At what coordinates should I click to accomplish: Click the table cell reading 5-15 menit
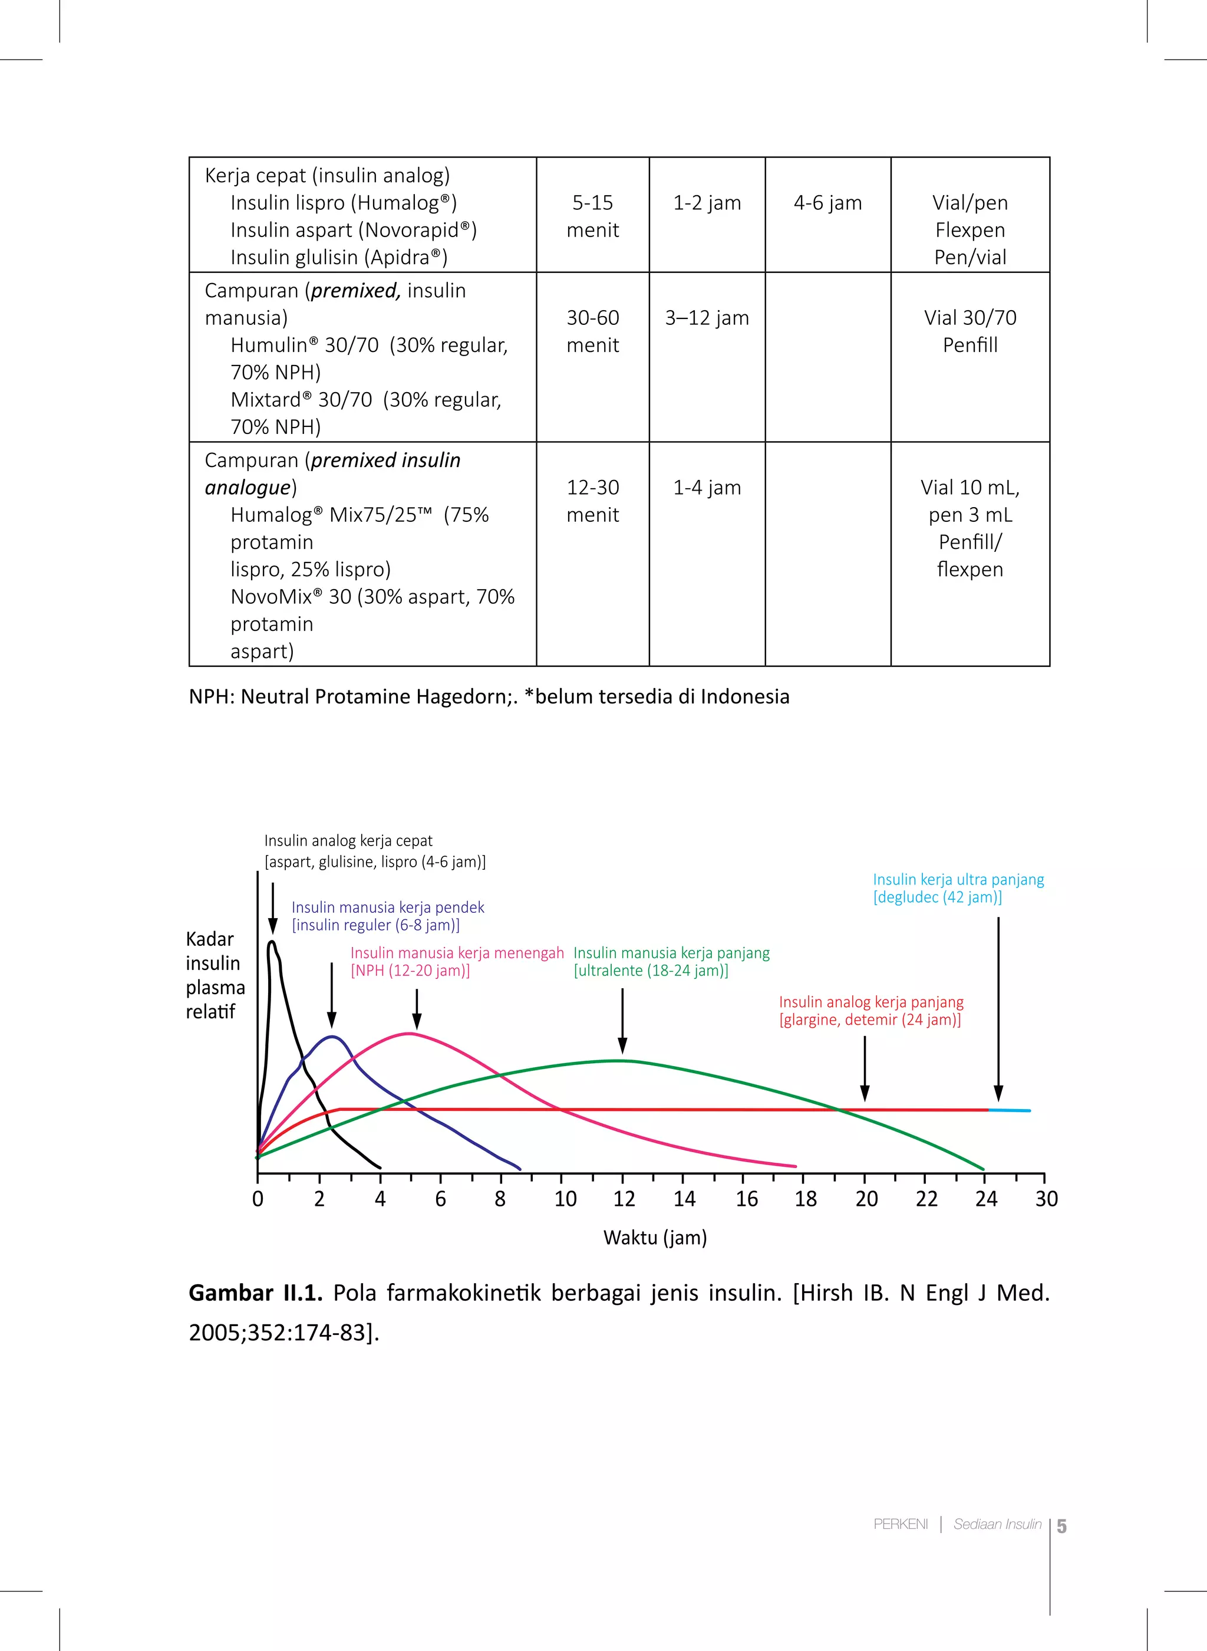click(x=592, y=216)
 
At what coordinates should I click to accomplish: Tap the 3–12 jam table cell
click(x=707, y=318)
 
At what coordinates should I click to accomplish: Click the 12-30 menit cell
click(x=592, y=501)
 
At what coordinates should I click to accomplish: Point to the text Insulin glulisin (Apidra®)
click(x=339, y=257)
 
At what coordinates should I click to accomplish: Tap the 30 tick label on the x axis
click(x=1046, y=1199)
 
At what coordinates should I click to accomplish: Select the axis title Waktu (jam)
click(x=655, y=1237)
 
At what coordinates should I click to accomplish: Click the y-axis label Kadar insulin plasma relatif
click(x=215, y=975)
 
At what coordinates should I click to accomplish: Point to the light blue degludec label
click(x=958, y=888)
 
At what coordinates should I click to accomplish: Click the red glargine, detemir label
click(x=871, y=1011)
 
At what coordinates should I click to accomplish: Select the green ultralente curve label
click(x=671, y=962)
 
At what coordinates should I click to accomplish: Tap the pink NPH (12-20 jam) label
click(x=457, y=962)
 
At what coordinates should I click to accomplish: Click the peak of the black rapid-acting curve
click(x=272, y=943)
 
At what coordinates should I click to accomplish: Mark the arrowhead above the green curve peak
click(x=622, y=1047)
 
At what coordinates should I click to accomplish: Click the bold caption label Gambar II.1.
click(x=255, y=1293)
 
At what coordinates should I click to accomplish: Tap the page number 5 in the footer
click(x=1061, y=1526)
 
